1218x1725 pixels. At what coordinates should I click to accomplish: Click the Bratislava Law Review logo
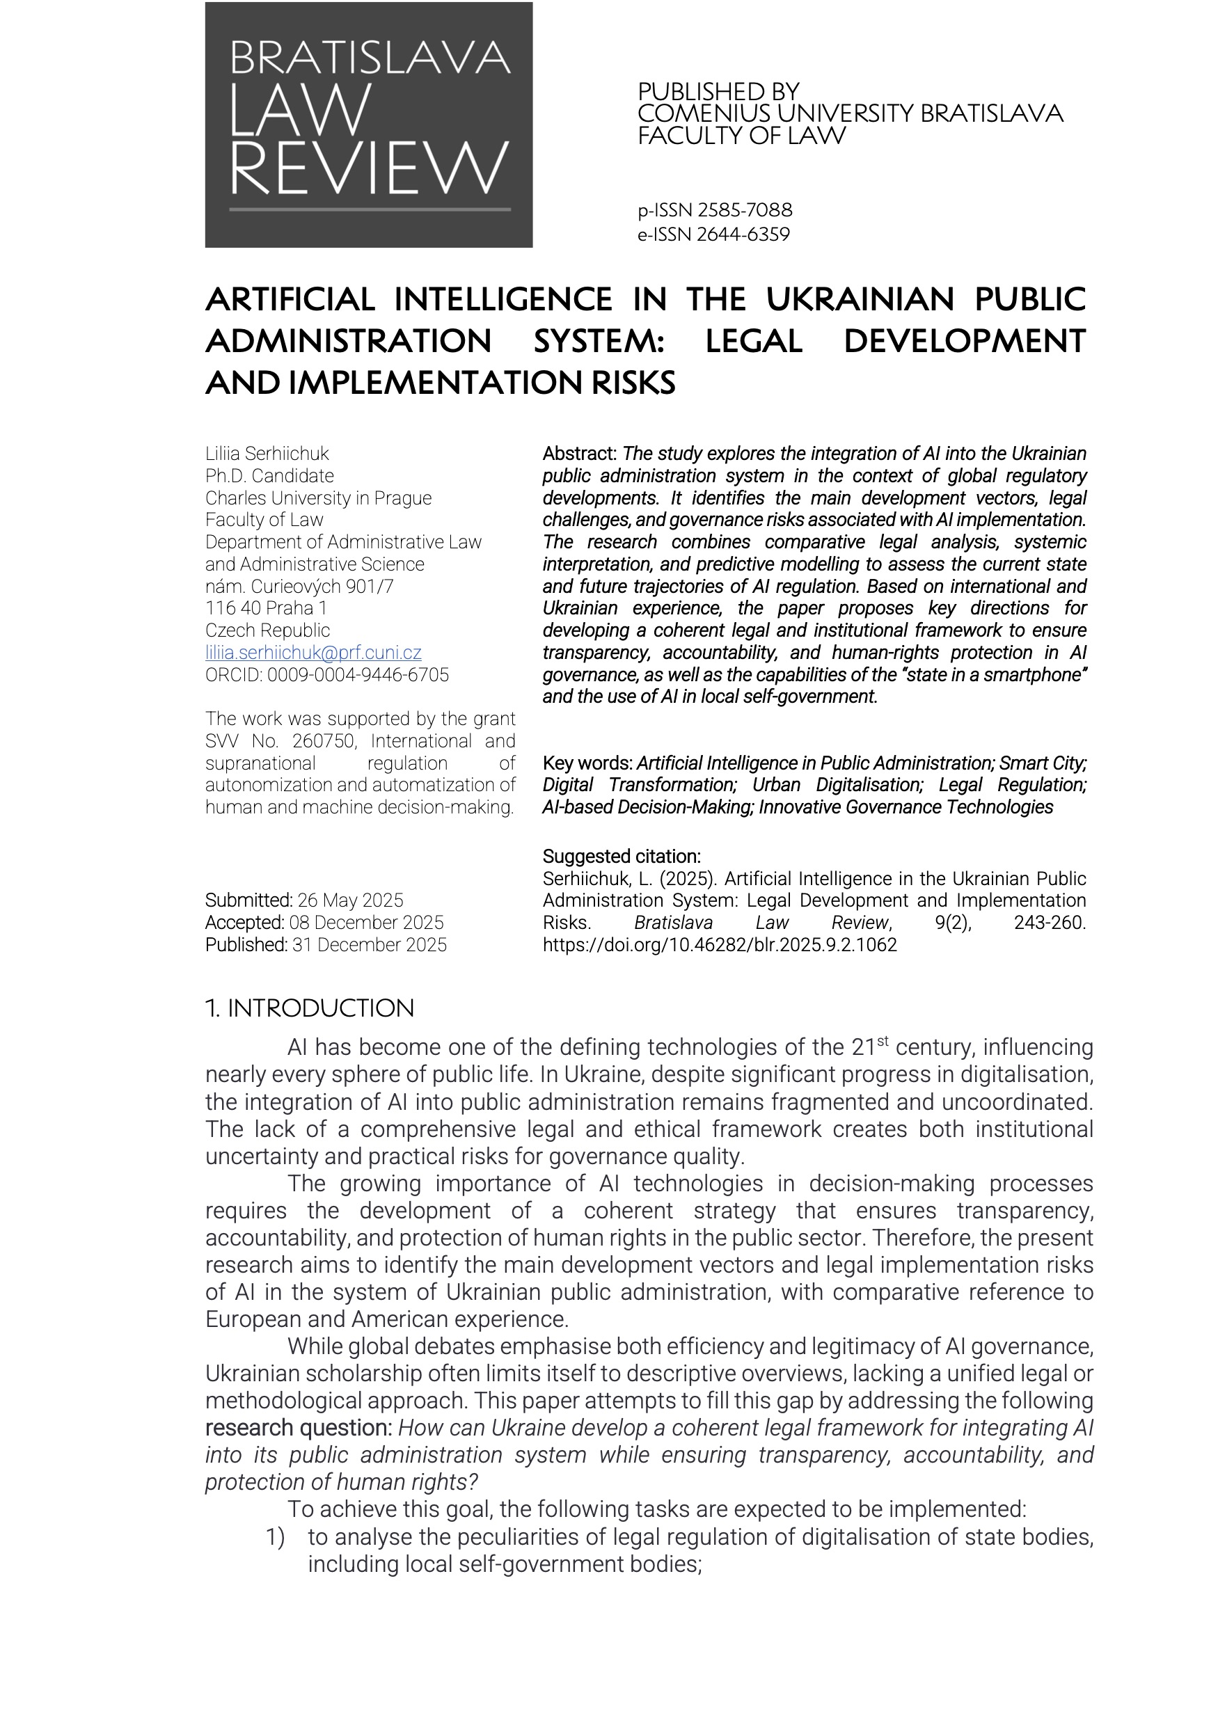click(368, 125)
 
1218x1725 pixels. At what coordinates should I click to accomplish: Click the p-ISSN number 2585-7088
click(745, 210)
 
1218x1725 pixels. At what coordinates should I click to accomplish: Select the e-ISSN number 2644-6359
click(743, 234)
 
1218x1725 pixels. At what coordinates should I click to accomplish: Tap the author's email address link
click(313, 652)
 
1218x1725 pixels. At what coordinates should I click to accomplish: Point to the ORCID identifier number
click(358, 675)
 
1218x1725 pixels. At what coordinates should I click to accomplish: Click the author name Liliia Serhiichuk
click(267, 454)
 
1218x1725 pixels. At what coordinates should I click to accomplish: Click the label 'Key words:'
click(587, 763)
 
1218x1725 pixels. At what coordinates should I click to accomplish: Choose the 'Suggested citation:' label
click(622, 857)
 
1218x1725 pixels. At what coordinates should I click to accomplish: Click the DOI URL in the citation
click(719, 944)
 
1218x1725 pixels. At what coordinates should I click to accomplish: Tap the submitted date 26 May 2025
click(350, 900)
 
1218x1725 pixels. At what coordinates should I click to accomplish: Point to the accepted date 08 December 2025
click(366, 923)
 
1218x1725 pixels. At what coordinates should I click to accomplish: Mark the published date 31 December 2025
click(369, 944)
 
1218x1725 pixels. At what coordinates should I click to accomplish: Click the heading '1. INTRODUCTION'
click(309, 1008)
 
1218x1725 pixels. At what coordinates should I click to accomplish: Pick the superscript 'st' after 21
click(883, 1041)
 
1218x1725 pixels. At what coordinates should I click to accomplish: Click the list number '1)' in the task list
click(275, 1537)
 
